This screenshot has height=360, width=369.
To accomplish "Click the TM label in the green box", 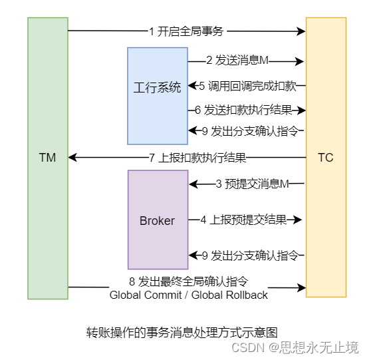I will click(47, 158).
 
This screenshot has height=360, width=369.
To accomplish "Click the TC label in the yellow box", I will click(326, 158).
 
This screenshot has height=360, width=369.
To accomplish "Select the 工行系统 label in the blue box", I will click(157, 87).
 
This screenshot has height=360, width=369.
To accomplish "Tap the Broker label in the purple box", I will click(157, 221).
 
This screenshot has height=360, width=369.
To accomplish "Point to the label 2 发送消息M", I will click(237, 61).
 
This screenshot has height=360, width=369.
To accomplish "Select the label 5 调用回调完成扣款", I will click(247, 85).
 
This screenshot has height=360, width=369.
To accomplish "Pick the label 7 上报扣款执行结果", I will click(197, 158).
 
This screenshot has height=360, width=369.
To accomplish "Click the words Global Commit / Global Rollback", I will click(189, 295).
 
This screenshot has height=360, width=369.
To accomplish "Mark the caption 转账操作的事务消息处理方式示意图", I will click(181, 331).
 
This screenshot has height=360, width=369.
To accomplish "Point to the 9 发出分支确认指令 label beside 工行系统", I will click(248, 130).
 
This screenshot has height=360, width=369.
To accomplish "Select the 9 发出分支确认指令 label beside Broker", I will click(248, 255).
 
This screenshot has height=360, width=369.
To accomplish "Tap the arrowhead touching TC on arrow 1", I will click(301, 31).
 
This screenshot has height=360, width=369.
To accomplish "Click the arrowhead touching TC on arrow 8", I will click(301, 288).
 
